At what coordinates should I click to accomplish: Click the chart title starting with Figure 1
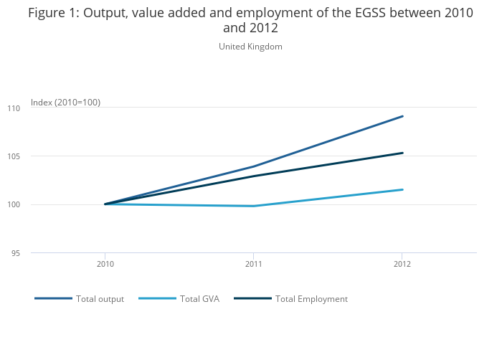pyautogui.click(x=250, y=20)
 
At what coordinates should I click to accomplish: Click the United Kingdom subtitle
pyautogui.click(x=250, y=47)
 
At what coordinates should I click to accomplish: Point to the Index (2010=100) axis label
pyautogui.click(x=65, y=103)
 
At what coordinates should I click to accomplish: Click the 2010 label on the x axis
pyautogui.click(x=105, y=264)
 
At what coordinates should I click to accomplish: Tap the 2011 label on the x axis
pyautogui.click(x=253, y=264)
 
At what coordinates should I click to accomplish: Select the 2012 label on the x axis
pyautogui.click(x=402, y=264)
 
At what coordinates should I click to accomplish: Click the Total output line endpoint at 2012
pyautogui.click(x=402, y=116)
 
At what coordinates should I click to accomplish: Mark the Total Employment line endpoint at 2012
pyautogui.click(x=402, y=153)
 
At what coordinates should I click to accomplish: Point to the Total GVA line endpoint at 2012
pyautogui.click(x=402, y=189)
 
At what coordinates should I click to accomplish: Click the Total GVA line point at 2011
pyautogui.click(x=254, y=206)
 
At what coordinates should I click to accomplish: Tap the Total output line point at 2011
pyautogui.click(x=254, y=166)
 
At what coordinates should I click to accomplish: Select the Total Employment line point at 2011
pyautogui.click(x=254, y=176)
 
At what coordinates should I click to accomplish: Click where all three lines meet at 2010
pyautogui.click(x=105, y=204)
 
